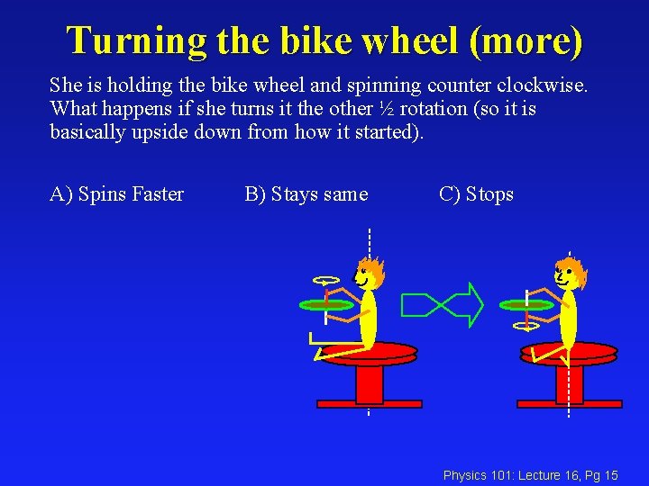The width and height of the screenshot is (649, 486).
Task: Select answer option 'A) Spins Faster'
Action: [116, 194]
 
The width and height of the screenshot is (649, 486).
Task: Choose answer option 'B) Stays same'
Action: [306, 194]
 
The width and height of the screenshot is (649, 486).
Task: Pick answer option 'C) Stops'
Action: [476, 194]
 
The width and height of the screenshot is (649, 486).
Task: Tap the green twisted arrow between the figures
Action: [443, 304]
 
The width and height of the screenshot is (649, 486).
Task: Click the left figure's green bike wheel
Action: [327, 305]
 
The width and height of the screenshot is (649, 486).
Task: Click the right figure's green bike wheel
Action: [527, 305]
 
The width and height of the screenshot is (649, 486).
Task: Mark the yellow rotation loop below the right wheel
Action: [526, 326]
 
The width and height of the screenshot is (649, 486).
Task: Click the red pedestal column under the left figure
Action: [370, 382]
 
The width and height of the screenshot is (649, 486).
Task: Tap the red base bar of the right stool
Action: [569, 404]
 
